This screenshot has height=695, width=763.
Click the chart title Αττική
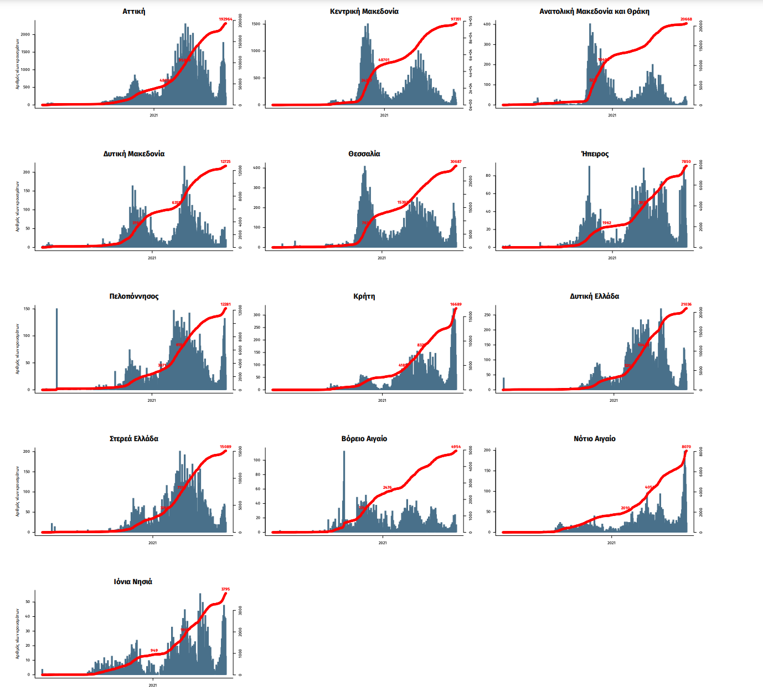134,11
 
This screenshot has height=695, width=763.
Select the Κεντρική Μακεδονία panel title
364,11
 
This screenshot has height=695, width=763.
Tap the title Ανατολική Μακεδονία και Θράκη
594,11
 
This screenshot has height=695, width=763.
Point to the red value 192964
225,19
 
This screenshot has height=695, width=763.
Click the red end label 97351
456,19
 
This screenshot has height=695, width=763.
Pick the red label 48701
384,60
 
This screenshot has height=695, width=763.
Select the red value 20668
686,19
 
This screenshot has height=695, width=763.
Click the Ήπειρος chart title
595,154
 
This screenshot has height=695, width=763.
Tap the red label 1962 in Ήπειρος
607,223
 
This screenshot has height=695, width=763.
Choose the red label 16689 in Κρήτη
456,304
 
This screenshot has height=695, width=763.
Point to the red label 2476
387,488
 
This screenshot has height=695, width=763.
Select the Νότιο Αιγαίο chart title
594,438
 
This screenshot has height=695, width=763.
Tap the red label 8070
686,447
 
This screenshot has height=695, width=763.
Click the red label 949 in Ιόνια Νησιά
154,651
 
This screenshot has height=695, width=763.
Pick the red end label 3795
225,589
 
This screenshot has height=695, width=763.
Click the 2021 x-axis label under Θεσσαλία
381,258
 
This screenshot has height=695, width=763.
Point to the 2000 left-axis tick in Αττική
25,34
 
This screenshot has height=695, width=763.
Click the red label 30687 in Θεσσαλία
456,162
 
